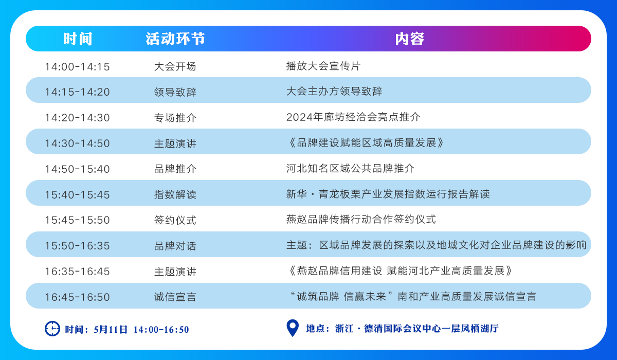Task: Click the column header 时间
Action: click(x=78, y=39)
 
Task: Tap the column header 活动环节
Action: click(x=175, y=39)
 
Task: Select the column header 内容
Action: click(x=410, y=39)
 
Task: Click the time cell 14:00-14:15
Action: click(x=78, y=67)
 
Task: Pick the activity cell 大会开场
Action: click(x=175, y=67)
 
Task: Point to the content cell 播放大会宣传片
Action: click(x=323, y=66)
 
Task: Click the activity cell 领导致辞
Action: click(x=175, y=92)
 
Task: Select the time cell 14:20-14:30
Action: click(x=78, y=118)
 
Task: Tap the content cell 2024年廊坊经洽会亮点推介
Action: click(x=353, y=117)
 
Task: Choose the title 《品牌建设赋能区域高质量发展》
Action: click(x=365, y=143)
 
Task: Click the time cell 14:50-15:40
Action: click(x=78, y=169)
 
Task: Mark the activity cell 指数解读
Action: click(x=175, y=195)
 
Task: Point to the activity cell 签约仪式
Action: click(x=175, y=220)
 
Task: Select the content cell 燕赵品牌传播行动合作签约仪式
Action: click(x=361, y=220)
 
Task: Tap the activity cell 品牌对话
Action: click(x=175, y=246)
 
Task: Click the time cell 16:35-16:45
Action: click(x=78, y=272)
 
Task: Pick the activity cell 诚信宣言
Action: click(x=175, y=297)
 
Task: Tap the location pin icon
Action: click(x=293, y=328)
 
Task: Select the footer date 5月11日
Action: click(x=111, y=330)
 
